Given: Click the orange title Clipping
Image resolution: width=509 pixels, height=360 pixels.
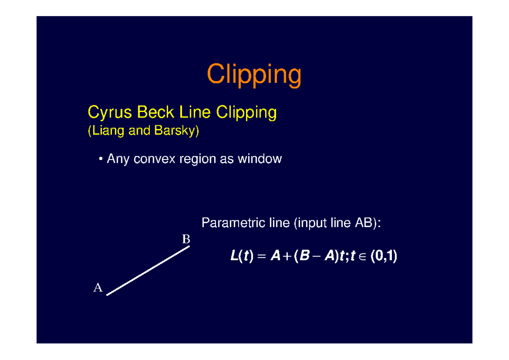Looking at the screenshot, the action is tap(254, 76).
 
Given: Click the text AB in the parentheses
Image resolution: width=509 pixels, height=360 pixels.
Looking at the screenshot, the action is tap(364, 223).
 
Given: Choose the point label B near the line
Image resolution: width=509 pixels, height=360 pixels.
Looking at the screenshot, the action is tap(186, 239).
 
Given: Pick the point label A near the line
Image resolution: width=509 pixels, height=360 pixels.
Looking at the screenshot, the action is tap(98, 288).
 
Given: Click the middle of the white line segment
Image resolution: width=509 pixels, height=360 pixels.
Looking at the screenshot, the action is tap(148, 270).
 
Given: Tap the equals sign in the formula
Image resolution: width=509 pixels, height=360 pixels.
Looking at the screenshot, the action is tap(261, 257).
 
